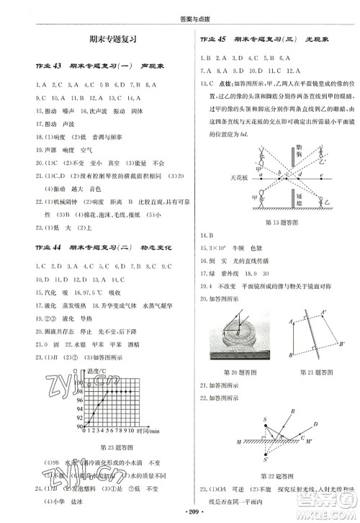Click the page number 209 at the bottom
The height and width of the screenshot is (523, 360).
[180, 514]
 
